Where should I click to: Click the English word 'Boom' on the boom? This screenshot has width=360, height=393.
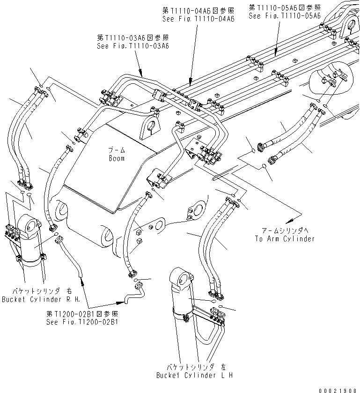tap(117, 159)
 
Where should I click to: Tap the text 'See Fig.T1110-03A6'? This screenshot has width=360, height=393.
tap(132, 46)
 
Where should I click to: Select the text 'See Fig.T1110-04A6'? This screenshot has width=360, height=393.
tap(198, 18)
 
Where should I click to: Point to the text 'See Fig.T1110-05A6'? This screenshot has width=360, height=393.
tap(285, 15)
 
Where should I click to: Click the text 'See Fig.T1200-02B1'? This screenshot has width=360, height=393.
tap(82, 322)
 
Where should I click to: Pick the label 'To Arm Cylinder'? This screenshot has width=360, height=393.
tap(285, 238)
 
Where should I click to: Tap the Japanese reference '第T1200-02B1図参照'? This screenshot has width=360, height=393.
tap(82, 314)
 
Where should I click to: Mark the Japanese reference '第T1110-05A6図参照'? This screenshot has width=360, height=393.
tap(285, 7)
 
